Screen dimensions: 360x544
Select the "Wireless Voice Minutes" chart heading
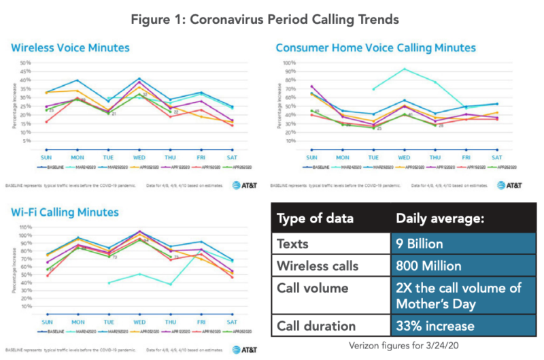tap(70, 48)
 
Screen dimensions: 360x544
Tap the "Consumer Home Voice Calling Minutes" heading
tap(375, 48)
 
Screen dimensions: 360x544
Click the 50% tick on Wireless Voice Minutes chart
tap(26, 63)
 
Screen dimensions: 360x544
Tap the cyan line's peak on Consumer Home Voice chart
tap(405, 69)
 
